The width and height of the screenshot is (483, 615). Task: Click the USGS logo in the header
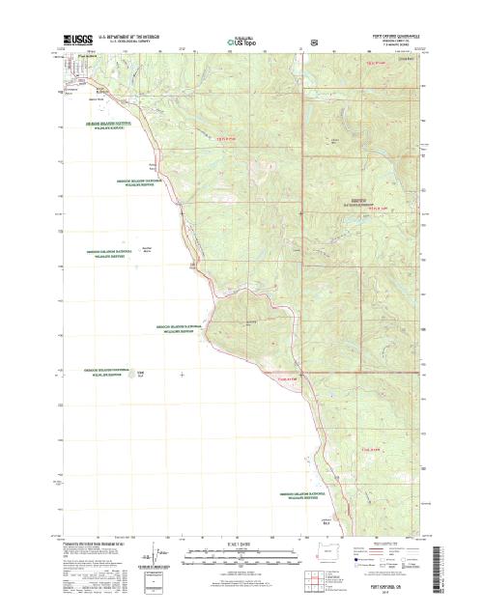click(x=74, y=41)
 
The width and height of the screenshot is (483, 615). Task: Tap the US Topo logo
click(x=242, y=42)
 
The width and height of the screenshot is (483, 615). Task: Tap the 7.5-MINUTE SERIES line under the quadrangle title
click(x=397, y=45)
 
